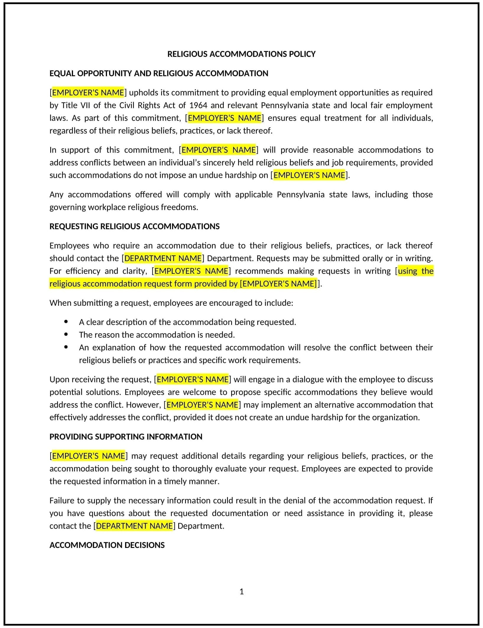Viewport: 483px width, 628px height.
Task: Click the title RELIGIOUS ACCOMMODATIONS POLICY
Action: (x=241, y=54)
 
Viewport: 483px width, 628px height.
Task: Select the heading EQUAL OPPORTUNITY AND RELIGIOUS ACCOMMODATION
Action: (x=159, y=73)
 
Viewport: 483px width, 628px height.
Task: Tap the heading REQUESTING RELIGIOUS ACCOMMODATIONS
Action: (x=134, y=226)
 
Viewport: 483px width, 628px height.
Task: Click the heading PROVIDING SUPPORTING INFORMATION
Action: (x=126, y=437)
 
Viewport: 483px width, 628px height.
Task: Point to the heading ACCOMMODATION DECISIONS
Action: (x=107, y=545)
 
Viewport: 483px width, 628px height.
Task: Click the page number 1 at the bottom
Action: (x=241, y=591)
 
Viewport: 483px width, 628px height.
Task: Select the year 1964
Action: (x=198, y=105)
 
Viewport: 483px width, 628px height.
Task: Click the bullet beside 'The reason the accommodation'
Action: (x=66, y=334)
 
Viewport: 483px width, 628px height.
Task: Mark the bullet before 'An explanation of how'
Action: (x=66, y=347)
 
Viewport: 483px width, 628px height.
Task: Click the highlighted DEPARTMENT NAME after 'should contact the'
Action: (x=163, y=258)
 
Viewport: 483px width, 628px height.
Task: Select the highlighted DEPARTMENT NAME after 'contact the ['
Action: (x=134, y=526)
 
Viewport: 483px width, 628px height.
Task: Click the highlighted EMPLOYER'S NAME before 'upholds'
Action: (x=88, y=93)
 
